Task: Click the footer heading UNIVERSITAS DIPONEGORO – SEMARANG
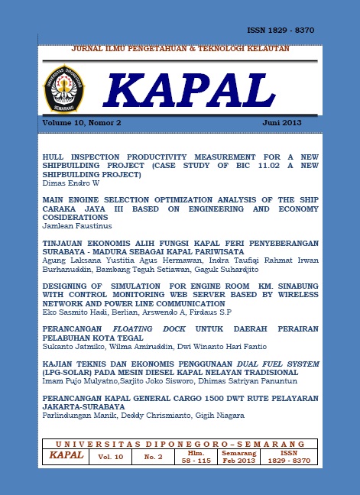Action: click(180, 443)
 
